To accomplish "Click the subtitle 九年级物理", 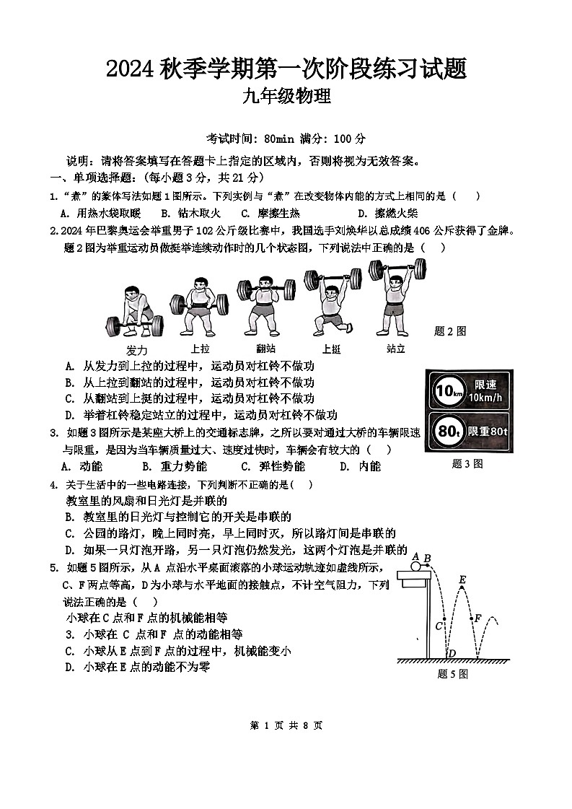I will [x=286, y=96].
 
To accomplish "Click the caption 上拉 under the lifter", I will [x=200, y=349].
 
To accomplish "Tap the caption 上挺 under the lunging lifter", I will [x=331, y=349].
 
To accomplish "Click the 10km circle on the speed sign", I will [x=446, y=392].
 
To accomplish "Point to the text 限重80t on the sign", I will [x=488, y=432].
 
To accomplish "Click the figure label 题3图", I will [x=467, y=464].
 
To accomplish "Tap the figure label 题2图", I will [x=450, y=331].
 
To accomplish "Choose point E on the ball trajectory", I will [x=462, y=580].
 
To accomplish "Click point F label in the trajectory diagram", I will [x=477, y=618].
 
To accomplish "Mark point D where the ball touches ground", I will [x=452, y=654].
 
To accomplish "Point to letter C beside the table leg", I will [x=438, y=626].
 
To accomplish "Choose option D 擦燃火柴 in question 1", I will [x=387, y=213].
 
